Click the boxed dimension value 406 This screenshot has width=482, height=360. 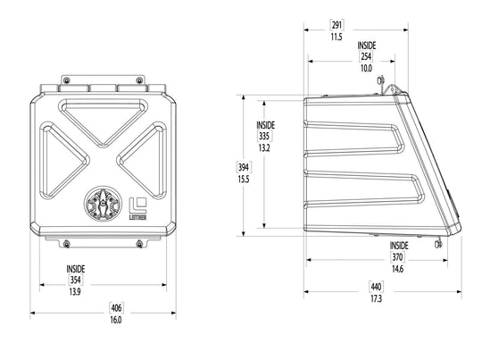(116, 307)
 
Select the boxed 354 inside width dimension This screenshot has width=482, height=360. (75, 280)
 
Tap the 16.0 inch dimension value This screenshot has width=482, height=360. (116, 320)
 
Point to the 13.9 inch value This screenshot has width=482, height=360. (75, 292)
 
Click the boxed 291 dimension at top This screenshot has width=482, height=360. (337, 25)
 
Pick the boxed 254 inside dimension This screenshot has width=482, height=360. (366, 56)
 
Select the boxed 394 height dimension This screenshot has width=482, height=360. (243, 167)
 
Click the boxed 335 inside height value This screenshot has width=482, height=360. (264, 136)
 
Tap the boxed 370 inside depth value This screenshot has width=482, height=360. (397, 256)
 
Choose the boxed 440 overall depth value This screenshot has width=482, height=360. (376, 287)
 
